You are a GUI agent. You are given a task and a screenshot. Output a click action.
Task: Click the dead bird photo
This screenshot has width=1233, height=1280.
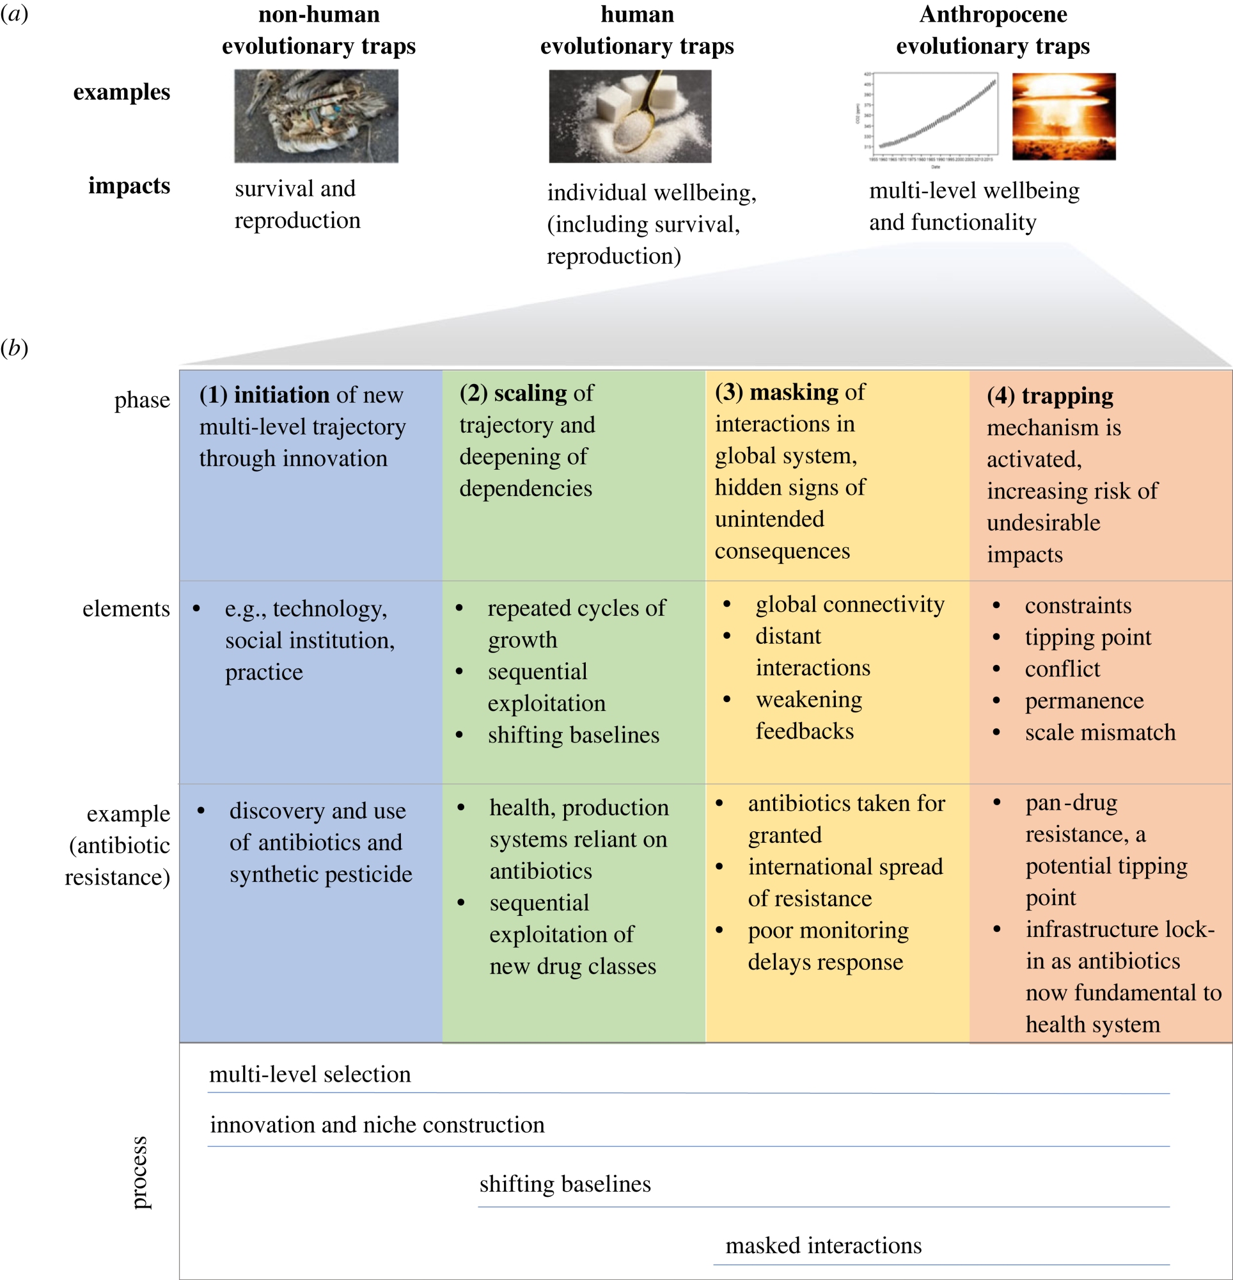[316, 116]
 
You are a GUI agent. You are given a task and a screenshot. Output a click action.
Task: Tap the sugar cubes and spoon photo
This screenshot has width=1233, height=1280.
[630, 116]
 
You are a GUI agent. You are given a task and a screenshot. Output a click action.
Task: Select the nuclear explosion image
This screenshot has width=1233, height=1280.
[1064, 116]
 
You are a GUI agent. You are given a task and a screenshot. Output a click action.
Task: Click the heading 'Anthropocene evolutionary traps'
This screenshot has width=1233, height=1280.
[993, 30]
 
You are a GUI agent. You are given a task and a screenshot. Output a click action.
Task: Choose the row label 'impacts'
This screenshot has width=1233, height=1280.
[129, 186]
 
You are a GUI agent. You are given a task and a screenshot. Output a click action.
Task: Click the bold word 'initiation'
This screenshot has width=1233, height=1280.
[281, 394]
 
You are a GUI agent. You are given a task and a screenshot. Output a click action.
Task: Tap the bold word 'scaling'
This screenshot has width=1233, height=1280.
[530, 392]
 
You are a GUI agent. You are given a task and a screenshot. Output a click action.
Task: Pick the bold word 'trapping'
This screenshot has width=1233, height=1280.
[1067, 395]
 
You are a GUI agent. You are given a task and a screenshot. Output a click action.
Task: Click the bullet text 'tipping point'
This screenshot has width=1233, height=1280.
[1087, 637]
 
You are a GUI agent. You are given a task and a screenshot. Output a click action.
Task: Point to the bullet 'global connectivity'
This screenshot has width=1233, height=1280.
[849, 604]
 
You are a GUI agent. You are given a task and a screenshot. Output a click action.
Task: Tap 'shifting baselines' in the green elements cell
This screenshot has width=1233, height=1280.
[573, 735]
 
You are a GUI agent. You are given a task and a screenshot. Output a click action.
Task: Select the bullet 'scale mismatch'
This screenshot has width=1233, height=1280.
[1100, 732]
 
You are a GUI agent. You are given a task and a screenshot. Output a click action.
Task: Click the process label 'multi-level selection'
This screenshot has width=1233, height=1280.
[310, 1075]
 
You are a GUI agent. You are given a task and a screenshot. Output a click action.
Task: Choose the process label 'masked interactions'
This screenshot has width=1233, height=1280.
[824, 1245]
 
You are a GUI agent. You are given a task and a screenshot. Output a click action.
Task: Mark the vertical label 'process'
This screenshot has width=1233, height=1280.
[138, 1172]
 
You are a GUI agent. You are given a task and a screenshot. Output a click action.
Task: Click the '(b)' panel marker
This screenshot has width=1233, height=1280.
[14, 348]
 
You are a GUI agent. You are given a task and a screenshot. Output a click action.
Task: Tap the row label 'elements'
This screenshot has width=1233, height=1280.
[126, 609]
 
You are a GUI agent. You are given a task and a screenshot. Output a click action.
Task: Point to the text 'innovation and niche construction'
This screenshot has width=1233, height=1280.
[377, 1124]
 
